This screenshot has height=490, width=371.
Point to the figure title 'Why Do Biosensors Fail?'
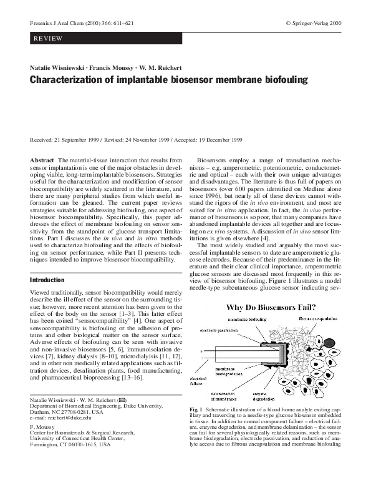tap(270, 308)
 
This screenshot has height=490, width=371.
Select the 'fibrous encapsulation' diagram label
tap(318, 319)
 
